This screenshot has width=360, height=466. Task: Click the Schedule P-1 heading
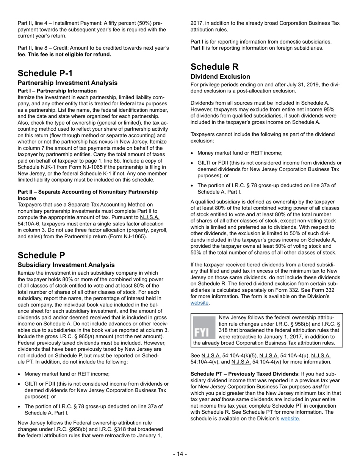(45, 73)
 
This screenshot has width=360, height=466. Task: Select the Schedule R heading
(214, 67)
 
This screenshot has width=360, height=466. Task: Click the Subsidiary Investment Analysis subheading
(66, 265)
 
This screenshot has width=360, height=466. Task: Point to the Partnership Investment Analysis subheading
(67, 83)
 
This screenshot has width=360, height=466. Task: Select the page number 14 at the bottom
(180, 454)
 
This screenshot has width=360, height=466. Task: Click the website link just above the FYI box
(199, 303)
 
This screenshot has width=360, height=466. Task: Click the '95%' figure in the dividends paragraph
(330, 109)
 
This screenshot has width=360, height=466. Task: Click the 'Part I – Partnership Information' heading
(57, 91)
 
